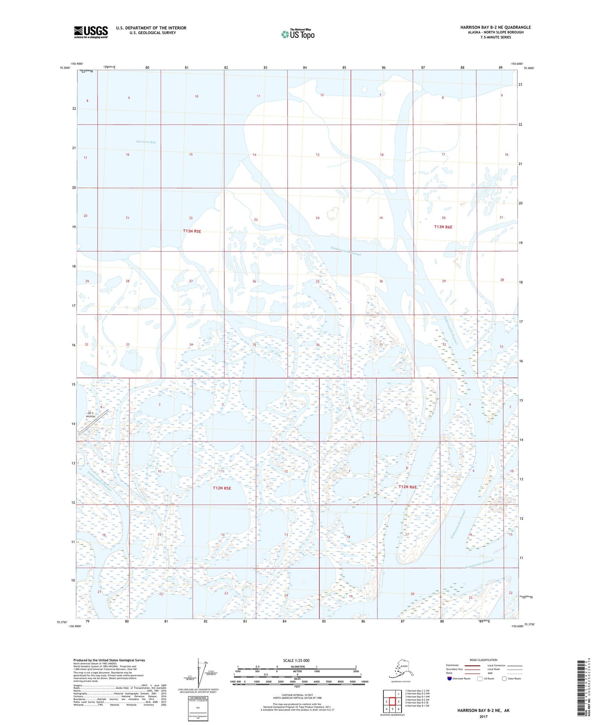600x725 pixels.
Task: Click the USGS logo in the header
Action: (91, 32)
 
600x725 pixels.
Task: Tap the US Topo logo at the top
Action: (298, 34)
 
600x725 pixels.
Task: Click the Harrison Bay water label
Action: (146, 142)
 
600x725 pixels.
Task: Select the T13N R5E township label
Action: (192, 231)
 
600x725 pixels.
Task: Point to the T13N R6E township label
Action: (443, 227)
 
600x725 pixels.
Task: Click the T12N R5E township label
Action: (222, 488)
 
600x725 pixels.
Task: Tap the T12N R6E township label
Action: (407, 487)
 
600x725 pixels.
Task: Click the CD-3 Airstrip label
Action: (91, 414)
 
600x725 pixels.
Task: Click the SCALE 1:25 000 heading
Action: (296, 661)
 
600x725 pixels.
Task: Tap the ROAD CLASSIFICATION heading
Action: (483, 660)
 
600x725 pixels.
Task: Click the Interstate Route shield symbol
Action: (450, 678)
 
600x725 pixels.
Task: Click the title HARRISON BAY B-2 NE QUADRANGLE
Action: (495, 27)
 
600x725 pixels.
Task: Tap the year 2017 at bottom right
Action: (483, 716)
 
